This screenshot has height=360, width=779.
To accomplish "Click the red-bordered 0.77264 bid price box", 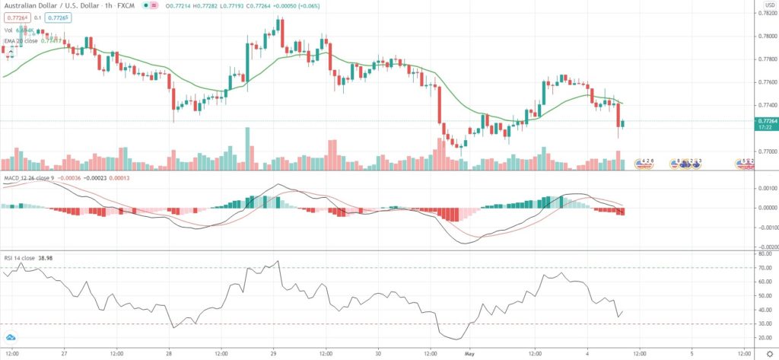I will pyautogui.click(x=14, y=15).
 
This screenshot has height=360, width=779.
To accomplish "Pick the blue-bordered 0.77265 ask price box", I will pyautogui.click(x=56, y=15).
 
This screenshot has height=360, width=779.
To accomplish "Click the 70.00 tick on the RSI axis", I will pyautogui.click(x=762, y=268).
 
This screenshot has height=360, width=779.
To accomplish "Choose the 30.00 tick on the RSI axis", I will pyautogui.click(x=762, y=324).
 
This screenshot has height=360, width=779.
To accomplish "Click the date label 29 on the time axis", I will pyautogui.click(x=272, y=353).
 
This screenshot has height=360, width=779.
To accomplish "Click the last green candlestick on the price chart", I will pyautogui.click(x=623, y=123).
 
